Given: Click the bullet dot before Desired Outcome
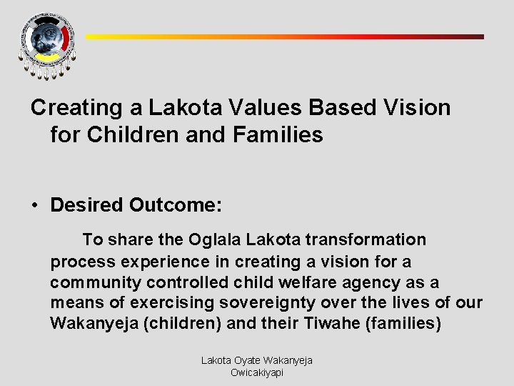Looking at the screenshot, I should point(34,206).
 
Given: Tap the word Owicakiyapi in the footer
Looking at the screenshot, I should point(257,372).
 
